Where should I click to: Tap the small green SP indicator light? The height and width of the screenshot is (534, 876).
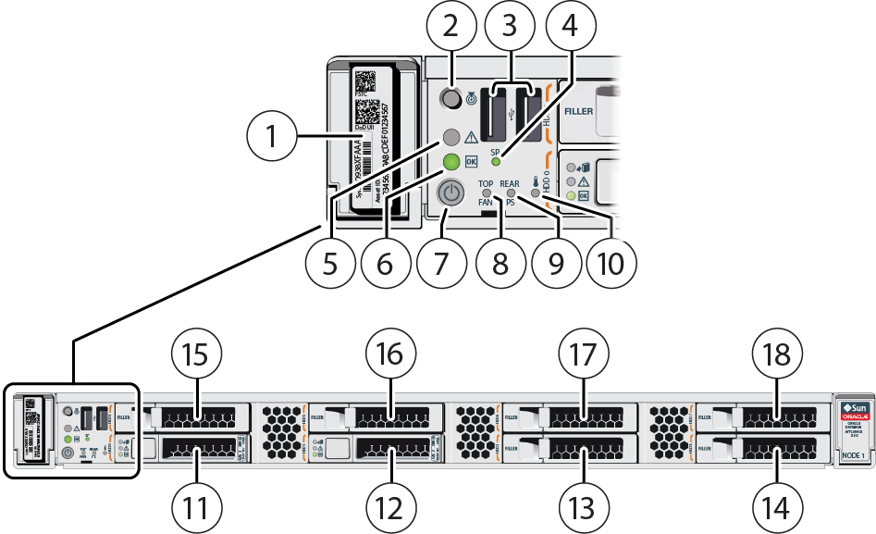pyautogui.click(x=496, y=161)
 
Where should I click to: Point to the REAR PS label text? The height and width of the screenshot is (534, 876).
pyautogui.click(x=510, y=190)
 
